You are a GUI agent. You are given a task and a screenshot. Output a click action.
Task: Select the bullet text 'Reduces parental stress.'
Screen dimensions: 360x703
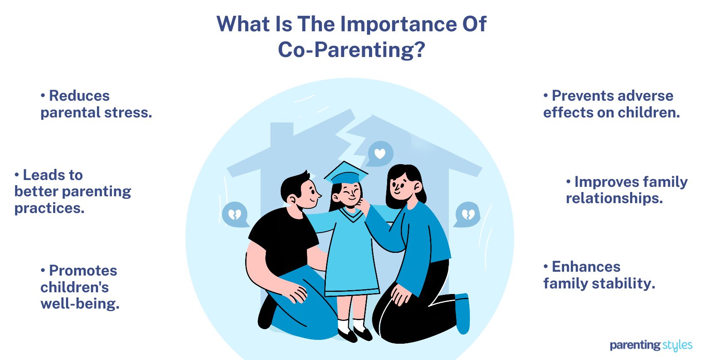coord(96,104)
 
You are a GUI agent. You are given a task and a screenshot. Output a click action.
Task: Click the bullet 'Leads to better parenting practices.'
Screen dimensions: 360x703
coord(72,191)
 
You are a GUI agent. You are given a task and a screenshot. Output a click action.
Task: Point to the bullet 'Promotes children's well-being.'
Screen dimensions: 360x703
coord(80,287)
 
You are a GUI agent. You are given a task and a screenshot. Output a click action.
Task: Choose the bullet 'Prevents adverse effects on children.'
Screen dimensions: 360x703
coord(611,104)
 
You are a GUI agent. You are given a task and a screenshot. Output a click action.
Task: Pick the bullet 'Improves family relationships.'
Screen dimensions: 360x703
coord(626,190)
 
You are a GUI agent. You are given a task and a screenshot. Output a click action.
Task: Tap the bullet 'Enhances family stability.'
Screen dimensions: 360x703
coord(599,275)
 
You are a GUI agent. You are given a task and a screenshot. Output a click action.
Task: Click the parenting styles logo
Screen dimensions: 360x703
coord(651,345)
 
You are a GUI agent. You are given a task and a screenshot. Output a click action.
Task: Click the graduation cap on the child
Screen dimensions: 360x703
coord(346,174)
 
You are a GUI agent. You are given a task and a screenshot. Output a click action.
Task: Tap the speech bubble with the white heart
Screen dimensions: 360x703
coord(380,153)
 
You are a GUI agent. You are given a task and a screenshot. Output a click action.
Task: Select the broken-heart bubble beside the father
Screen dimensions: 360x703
coord(234,214)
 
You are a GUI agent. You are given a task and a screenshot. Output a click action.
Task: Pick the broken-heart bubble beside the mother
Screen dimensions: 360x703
coord(468,214)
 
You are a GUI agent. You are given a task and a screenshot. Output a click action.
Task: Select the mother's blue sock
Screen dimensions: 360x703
coord(463,313)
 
